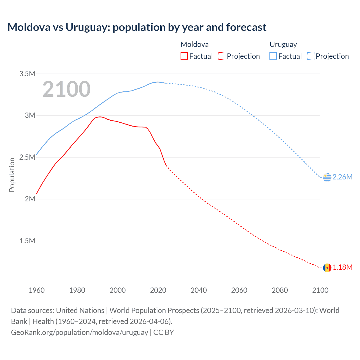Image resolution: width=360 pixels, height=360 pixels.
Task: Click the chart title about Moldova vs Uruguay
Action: coord(137,27)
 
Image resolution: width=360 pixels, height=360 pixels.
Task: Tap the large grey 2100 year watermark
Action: coord(66,89)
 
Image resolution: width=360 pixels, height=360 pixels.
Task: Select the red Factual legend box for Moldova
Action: coord(184,56)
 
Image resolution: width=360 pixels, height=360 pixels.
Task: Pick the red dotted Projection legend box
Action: coord(222,56)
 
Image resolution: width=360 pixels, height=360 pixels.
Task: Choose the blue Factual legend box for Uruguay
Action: coord(273,56)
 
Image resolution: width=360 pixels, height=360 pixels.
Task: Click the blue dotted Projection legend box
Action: coord(310,56)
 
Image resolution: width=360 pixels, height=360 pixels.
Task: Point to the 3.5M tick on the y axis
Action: coord(27,74)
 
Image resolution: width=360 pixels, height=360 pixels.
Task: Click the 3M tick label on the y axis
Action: coord(30,115)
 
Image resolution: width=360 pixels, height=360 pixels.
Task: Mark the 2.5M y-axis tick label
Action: coord(27,157)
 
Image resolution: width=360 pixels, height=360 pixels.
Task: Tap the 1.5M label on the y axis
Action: coord(27,241)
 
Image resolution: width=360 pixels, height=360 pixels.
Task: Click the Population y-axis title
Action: coord(12,175)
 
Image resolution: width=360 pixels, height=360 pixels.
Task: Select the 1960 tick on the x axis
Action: coord(37,290)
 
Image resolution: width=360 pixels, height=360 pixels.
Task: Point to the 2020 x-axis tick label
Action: coord(158,290)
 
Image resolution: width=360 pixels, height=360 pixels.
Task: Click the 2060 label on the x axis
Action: coord(239,290)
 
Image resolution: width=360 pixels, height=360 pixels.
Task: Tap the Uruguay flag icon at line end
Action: coord(327,177)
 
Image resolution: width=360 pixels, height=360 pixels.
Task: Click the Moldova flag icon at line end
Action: coord(327,268)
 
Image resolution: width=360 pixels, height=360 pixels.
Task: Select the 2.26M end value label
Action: coord(342,177)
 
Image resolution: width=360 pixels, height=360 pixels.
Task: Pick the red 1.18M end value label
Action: coord(342,267)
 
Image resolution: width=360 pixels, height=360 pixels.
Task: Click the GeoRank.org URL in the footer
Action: coord(80,332)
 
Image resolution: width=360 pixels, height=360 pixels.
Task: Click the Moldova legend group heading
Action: coord(195,44)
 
